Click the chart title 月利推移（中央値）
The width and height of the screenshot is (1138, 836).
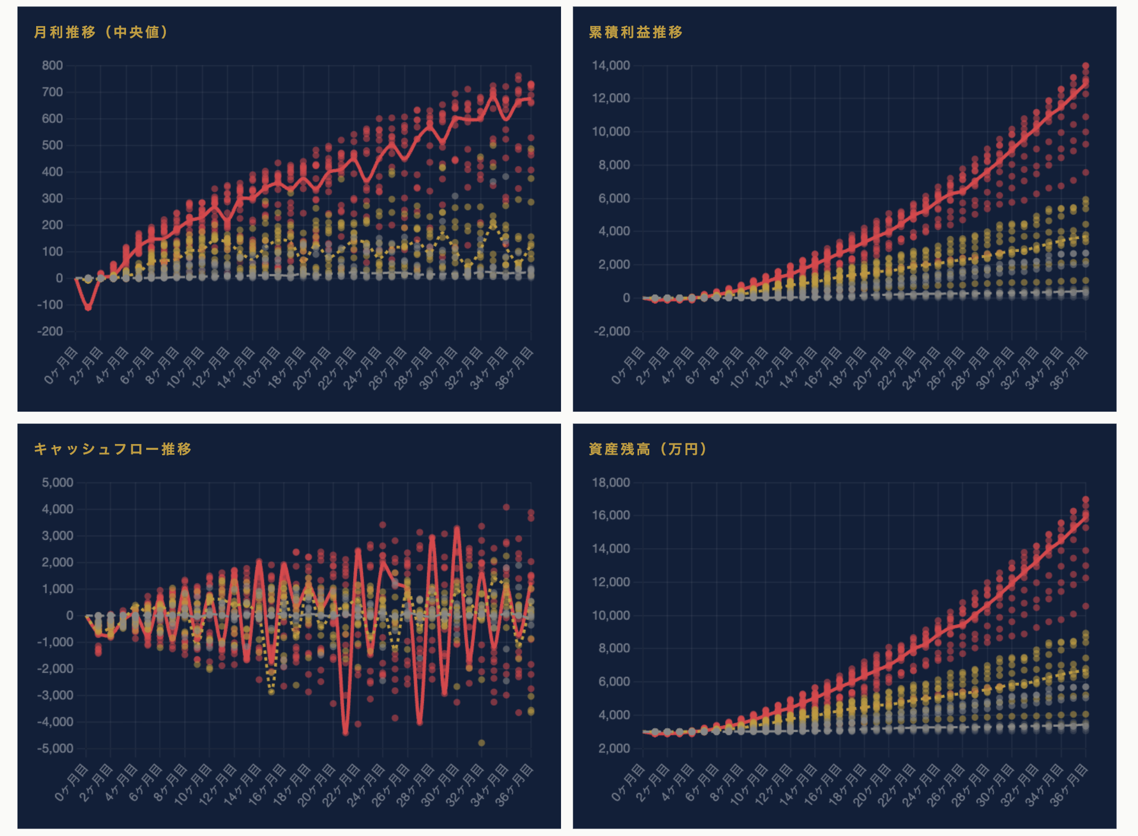pos(101,32)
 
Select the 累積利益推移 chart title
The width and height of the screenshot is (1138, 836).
pos(635,32)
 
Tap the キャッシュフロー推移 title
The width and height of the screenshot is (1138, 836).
pos(113,449)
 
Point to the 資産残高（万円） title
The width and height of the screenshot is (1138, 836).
pos(648,449)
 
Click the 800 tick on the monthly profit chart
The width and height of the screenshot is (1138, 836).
pos(52,65)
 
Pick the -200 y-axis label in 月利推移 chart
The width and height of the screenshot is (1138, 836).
pos(50,331)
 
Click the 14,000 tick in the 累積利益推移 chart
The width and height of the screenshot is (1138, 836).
pos(610,65)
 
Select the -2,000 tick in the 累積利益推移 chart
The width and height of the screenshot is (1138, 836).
pos(612,331)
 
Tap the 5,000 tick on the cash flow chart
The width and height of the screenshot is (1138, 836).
pos(57,482)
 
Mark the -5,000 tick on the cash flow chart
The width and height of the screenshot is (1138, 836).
pos(55,748)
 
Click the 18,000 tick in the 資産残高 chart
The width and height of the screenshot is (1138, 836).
pos(610,482)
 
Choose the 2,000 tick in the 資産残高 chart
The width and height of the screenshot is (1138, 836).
pos(614,748)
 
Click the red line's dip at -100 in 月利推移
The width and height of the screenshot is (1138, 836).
pos(88,307)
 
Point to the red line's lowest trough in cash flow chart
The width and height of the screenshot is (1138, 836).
pos(346,733)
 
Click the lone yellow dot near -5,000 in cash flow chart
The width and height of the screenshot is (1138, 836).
pos(482,743)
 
